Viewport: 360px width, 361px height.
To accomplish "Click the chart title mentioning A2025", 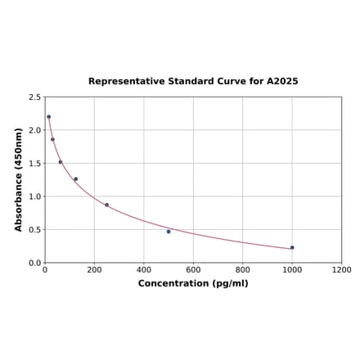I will point(193,82).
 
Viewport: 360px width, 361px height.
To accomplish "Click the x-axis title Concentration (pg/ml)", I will point(193,283).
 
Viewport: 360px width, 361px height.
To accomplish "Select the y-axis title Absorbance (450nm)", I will point(19,179).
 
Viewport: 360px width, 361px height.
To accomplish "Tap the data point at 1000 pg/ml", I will point(292,247).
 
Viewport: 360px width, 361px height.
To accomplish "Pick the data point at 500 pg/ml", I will point(169,232).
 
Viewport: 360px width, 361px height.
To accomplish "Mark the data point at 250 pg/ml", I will point(106,205).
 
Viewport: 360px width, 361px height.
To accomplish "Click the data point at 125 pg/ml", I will point(75,179).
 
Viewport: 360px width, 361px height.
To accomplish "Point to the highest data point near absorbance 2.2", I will point(48,116).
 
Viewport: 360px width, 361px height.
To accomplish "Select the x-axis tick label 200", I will point(94,269).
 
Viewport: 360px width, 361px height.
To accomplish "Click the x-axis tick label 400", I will point(144,269).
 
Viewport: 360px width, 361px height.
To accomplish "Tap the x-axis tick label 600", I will point(193,269).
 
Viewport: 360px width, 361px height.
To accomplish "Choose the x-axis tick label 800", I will point(243,269).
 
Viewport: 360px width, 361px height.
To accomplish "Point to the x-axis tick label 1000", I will point(292,269).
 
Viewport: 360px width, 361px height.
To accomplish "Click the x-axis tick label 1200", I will point(342,269).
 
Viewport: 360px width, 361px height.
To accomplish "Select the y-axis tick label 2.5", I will point(34,97).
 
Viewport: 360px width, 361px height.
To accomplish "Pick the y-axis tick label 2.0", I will point(34,130).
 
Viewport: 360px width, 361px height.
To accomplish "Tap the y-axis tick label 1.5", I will point(34,164).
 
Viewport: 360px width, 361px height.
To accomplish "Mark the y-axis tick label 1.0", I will point(34,196).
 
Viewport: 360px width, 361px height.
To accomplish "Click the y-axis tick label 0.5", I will point(34,230).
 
